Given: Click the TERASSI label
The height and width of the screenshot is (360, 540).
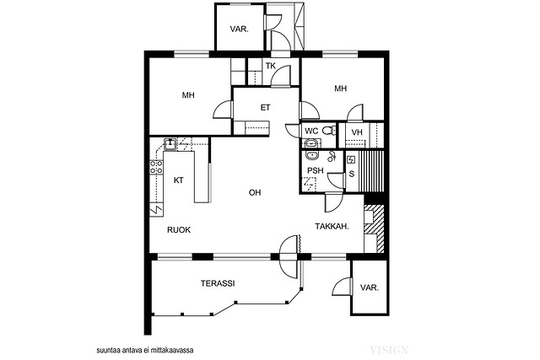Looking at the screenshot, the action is pos(218,283).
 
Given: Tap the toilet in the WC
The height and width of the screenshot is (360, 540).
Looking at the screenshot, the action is pos(328,131).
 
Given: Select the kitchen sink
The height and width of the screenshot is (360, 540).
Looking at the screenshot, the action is pos(170,144).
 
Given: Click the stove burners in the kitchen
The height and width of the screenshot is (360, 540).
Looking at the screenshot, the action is pos(156,167).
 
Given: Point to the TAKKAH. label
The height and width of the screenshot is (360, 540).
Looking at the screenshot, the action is pos(332,227).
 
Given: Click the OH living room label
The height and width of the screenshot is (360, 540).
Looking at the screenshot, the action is pos(255,192).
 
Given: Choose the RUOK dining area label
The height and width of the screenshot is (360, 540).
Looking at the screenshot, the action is pos(179,230).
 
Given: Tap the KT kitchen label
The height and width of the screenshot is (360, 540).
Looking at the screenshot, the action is pos(178,180).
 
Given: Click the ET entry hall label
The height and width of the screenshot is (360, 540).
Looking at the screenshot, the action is pos(265,108).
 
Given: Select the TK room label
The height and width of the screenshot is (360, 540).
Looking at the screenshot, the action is pos(271,66).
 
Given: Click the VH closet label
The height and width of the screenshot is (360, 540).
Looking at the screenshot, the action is pos(357,132).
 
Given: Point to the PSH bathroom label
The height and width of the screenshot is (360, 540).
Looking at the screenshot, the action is pos(316,170).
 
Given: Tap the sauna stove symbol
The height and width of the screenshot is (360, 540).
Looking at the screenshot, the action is pos(351,159).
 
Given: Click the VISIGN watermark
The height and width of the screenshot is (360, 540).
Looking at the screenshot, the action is pos(389,350).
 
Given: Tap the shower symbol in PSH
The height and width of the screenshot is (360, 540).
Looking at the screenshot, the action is pos(309,184).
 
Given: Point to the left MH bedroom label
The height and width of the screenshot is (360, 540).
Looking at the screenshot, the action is pos(188,95).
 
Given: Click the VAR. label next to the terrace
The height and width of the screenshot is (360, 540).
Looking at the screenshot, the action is pos(370,287).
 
